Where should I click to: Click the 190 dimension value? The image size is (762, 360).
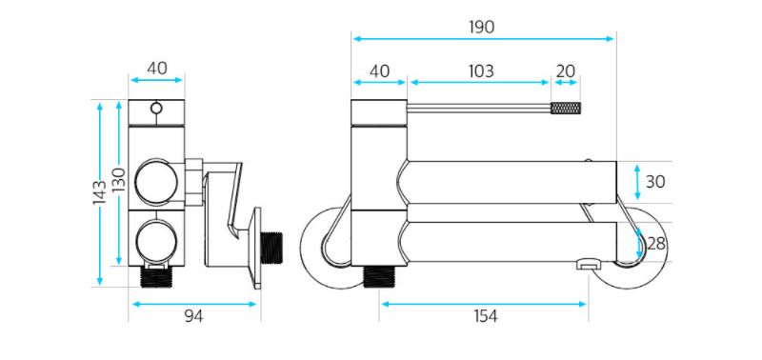click(x=481, y=28)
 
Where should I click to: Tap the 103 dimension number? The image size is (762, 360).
click(x=481, y=70)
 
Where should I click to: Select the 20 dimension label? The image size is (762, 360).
click(x=565, y=70)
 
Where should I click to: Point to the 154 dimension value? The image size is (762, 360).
click(x=485, y=316)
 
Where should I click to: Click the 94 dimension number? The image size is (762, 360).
click(x=193, y=316)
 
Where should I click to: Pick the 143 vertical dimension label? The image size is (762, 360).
click(x=100, y=191)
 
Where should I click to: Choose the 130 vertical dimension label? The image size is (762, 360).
click(x=119, y=179)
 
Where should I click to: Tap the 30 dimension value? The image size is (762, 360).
click(x=654, y=182)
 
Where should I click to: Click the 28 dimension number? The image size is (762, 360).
click(x=655, y=244)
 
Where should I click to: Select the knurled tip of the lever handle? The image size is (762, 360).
click(x=565, y=108)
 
